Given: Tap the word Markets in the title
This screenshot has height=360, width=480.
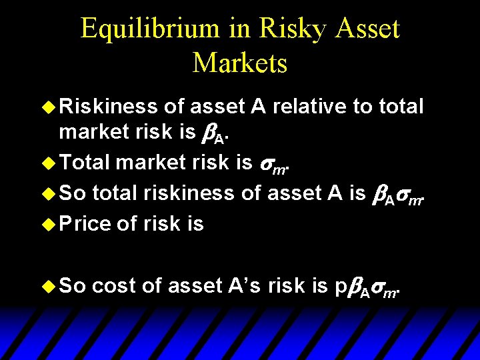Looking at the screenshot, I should [x=240, y=63].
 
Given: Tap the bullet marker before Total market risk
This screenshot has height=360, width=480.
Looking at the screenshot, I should [x=49, y=162].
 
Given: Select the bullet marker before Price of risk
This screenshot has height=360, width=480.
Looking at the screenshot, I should [x=49, y=224].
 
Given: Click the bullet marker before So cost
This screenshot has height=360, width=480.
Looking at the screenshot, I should [x=49, y=286].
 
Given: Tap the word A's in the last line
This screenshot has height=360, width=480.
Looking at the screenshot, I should [x=245, y=286].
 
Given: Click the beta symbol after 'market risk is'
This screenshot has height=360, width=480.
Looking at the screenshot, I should [x=206, y=132].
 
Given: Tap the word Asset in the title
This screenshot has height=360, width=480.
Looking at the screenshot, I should [x=365, y=29].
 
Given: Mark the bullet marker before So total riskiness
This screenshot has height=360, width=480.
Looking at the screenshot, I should [x=49, y=193].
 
